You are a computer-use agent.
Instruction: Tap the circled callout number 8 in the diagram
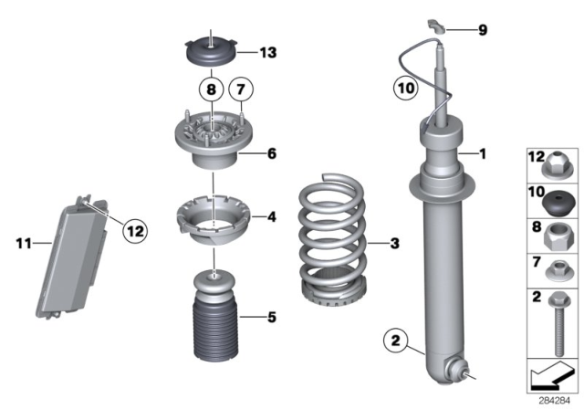pos(212,89)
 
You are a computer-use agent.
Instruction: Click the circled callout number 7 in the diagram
pos(241,89)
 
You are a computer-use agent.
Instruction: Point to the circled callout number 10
pos(404,89)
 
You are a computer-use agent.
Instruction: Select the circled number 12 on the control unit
pos(134,232)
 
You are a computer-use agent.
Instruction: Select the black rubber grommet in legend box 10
pos(556,197)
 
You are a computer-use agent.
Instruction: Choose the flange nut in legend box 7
pos(556,269)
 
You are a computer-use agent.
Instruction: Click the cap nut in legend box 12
pos(556,163)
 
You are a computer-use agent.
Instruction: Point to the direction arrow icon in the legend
pos(552,374)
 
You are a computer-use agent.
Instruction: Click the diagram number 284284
pos(554,398)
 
